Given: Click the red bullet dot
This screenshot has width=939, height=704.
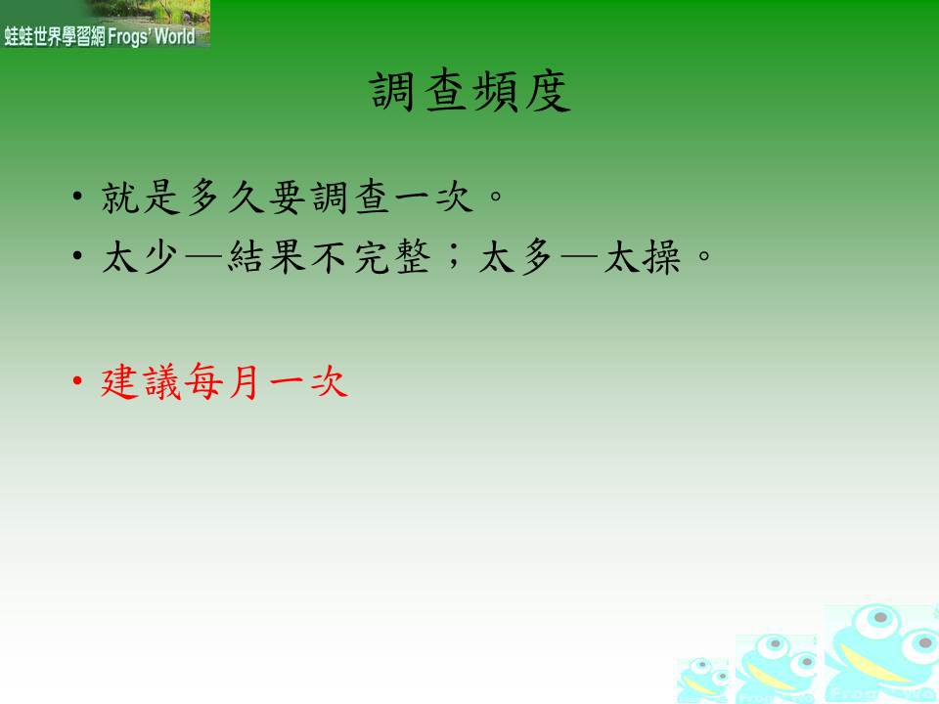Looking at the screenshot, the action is (76, 380).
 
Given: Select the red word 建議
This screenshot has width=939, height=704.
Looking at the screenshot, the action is (141, 381).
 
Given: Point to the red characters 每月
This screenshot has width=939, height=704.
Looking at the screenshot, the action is (222, 381).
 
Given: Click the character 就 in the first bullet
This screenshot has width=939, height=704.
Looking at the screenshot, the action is (120, 197).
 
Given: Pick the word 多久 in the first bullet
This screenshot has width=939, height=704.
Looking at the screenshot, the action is (226, 197).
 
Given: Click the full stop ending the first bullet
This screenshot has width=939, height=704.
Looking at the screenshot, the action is (496, 196).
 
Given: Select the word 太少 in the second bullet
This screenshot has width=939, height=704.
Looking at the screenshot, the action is (140, 257).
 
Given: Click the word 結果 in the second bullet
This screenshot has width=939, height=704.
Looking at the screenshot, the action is (267, 257).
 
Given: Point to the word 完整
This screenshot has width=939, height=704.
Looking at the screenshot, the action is (392, 257).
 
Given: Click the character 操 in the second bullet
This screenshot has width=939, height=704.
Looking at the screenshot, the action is (661, 257).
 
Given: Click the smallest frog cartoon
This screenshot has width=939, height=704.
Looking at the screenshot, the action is (703, 679).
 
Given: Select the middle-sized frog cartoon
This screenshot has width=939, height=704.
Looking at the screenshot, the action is (776, 668).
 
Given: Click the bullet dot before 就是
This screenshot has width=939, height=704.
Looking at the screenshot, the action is (76, 196).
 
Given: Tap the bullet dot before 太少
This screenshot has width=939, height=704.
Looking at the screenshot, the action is (76, 256).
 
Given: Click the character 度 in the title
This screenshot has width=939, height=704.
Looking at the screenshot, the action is (548, 92).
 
